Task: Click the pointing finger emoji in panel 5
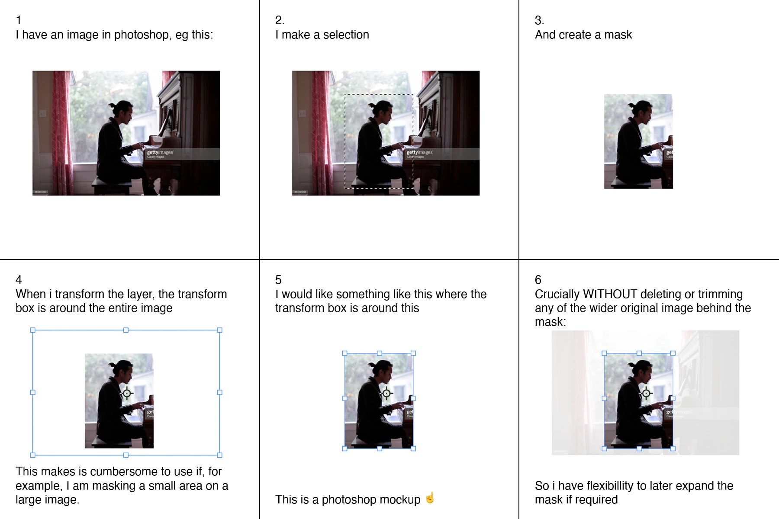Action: click(x=430, y=498)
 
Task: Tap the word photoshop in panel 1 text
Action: click(x=141, y=35)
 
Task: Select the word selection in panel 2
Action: click(x=346, y=35)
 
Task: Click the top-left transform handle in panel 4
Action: click(x=32, y=330)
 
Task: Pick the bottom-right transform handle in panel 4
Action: click(x=219, y=455)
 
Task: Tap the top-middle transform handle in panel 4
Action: click(x=126, y=330)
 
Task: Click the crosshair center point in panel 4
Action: click(x=127, y=394)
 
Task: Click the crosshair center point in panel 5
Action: click(x=386, y=394)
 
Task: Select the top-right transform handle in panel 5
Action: click(x=413, y=353)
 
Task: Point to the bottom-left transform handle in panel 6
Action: click(x=604, y=449)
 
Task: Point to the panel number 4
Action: click(x=19, y=279)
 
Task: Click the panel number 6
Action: click(x=538, y=279)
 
